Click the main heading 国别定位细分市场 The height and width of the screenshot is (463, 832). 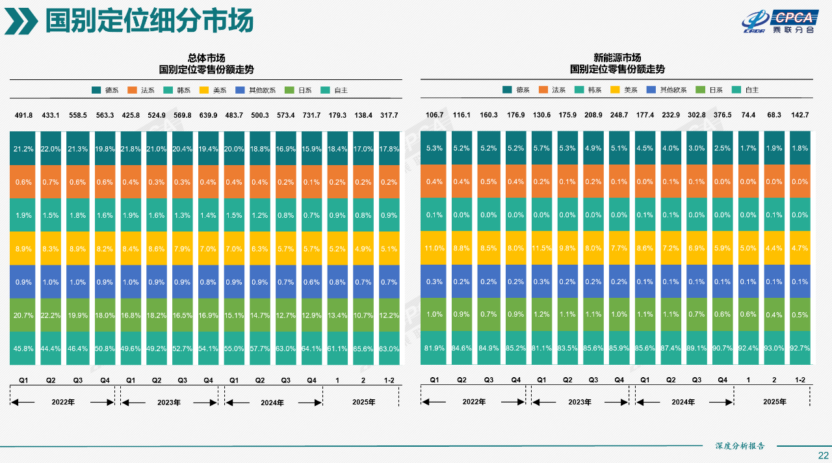click(x=149, y=21)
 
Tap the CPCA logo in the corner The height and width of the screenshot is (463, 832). click(x=777, y=21)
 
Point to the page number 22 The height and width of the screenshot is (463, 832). click(x=823, y=455)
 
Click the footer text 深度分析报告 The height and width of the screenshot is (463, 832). click(x=740, y=446)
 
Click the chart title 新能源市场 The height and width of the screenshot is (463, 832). click(x=617, y=58)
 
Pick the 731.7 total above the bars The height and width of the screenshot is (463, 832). click(x=311, y=115)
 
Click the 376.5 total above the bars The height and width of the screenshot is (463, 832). click(x=721, y=115)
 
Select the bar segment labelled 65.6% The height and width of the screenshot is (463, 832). click(x=363, y=348)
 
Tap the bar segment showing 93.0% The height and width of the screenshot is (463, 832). click(x=773, y=348)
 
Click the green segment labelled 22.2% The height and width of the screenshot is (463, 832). click(x=51, y=315)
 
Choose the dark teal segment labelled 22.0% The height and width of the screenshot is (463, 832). click(x=51, y=148)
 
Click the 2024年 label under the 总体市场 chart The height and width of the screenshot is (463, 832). click(x=272, y=403)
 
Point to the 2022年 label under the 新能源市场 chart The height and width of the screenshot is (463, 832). click(x=474, y=402)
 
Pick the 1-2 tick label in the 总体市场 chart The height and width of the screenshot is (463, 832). click(x=389, y=380)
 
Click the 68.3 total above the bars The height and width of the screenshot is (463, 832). click(x=773, y=115)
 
